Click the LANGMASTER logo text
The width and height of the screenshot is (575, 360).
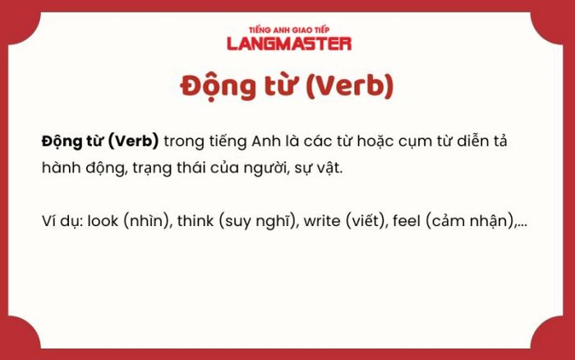(x=289, y=44)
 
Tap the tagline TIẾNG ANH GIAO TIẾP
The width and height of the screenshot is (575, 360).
(x=289, y=30)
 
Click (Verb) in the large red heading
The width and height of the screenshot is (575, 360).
(x=350, y=86)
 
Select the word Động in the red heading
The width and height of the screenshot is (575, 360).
(x=218, y=86)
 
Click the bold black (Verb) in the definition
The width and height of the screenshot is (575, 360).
(x=134, y=141)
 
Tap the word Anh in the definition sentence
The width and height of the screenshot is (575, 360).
(x=266, y=141)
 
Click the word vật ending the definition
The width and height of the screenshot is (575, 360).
(x=329, y=168)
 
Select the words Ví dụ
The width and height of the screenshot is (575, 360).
(x=63, y=221)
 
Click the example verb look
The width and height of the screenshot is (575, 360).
(x=103, y=221)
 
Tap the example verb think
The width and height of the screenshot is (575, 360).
(x=195, y=221)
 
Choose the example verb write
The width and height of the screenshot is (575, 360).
(x=322, y=221)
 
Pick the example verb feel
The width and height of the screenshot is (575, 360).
(x=407, y=221)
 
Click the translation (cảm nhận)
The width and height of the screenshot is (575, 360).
(x=471, y=221)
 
